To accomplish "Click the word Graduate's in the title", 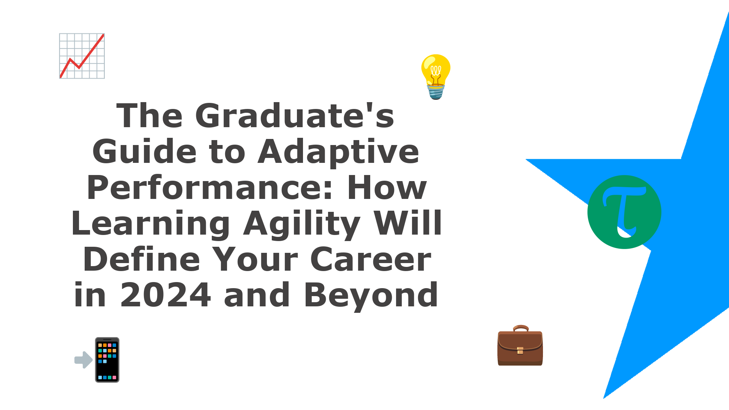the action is [295, 115].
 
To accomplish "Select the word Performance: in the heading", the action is [210, 188].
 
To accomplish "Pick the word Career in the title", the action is [371, 260].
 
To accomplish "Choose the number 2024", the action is [166, 295].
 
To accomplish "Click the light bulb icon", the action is [436, 77].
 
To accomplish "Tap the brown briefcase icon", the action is [520, 345].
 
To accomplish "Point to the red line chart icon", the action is [82, 56].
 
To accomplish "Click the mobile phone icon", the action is [107, 360].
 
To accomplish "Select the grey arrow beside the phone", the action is [84, 360].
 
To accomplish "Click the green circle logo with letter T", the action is [624, 212].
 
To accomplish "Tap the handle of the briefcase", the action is [521, 328].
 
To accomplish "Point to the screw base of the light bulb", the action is [436, 92].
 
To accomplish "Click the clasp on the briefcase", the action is [520, 350].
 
